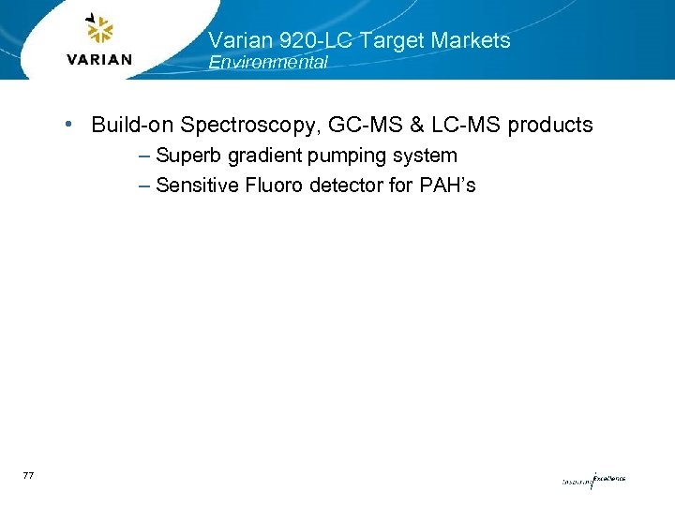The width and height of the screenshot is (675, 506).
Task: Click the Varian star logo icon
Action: (x=99, y=30)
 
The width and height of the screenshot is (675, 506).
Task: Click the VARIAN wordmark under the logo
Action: (x=100, y=60)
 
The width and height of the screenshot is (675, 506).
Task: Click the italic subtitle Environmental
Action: (x=268, y=63)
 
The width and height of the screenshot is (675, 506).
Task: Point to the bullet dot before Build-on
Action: (x=71, y=124)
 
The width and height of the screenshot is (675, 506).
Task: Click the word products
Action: (x=549, y=125)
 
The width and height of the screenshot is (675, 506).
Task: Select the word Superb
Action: (x=186, y=156)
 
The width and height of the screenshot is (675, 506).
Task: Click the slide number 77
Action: (x=27, y=477)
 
